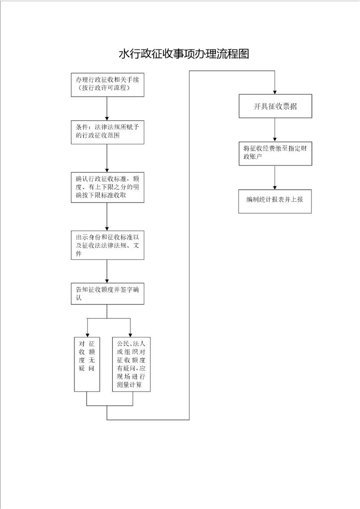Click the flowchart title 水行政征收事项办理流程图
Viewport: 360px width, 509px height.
click(184, 54)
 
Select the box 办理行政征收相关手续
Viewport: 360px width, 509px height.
click(108, 85)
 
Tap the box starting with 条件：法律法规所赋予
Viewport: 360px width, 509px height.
click(108, 132)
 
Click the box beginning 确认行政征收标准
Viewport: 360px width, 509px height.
click(108, 187)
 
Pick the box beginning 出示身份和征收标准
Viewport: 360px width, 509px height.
click(108, 245)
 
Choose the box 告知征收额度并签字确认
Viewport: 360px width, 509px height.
click(108, 294)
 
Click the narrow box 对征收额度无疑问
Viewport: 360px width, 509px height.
click(87, 365)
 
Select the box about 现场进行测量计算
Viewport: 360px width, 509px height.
click(131, 365)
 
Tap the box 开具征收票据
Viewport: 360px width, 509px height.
click(276, 106)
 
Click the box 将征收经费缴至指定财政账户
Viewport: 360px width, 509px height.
click(276, 153)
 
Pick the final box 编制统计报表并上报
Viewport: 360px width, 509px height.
click(275, 201)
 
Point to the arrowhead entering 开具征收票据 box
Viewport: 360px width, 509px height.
click(275, 92)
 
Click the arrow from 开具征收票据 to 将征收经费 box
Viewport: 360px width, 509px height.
click(275, 130)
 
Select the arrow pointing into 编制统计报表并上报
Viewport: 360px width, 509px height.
click(275, 177)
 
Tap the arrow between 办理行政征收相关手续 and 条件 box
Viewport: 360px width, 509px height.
click(107, 108)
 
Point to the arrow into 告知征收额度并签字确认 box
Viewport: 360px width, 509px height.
click(107, 271)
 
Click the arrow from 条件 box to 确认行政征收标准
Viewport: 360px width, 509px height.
click(107, 158)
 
